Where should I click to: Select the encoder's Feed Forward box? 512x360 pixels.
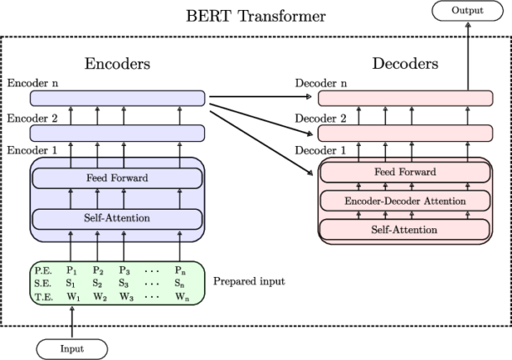tap(118, 179)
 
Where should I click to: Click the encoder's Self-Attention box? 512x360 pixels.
tap(118, 218)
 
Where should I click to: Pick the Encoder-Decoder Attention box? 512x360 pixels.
tap(406, 201)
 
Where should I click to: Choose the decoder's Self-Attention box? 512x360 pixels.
tap(406, 228)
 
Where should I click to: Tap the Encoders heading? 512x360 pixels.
tap(117, 63)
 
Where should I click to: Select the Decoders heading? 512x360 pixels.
tap(405, 63)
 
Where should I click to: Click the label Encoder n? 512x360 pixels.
tap(30, 84)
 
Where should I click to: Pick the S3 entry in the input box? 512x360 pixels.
tap(126, 283)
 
